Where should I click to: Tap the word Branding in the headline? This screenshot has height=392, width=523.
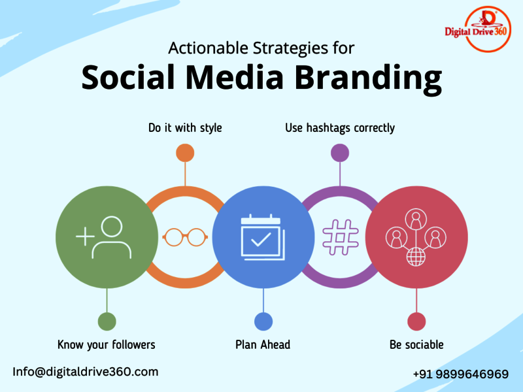pos(368,78)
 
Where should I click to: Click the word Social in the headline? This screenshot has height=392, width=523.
pos(128,77)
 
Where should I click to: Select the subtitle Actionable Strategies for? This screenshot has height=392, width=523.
pos(261,48)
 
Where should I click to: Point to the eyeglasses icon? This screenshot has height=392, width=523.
pos(185,237)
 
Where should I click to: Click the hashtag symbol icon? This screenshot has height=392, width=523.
pos(341,237)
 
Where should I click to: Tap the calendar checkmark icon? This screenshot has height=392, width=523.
pos(263,237)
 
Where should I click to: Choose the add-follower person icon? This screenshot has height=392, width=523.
pos(104,237)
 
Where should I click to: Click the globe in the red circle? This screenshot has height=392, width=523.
pos(416,257)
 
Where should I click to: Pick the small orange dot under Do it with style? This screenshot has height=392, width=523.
pos(185,153)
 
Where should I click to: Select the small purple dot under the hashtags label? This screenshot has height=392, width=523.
pos(340,153)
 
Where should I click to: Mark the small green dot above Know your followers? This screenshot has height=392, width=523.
pos(107,321)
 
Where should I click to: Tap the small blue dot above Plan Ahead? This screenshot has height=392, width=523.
pos(263,321)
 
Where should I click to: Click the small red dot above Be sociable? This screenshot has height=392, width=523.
pos(416,321)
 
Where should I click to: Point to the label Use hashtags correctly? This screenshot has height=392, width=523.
pos(340,128)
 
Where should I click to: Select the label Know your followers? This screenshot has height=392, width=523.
pos(107,345)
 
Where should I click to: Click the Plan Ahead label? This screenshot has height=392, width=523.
pos(263,345)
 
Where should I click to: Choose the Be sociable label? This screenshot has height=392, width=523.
pos(416,345)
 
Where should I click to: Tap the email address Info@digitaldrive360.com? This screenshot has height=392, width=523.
pos(86,372)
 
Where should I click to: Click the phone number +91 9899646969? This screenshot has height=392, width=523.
pos(461,374)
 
